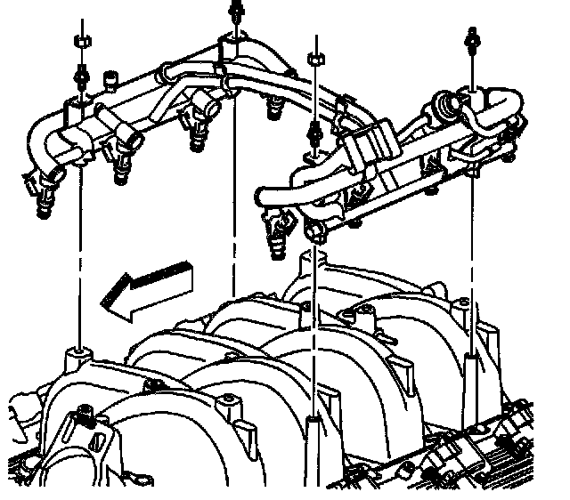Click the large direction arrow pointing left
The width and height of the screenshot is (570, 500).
147,286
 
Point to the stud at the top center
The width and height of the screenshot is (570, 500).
236,10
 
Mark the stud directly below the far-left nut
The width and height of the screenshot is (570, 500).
81,73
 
